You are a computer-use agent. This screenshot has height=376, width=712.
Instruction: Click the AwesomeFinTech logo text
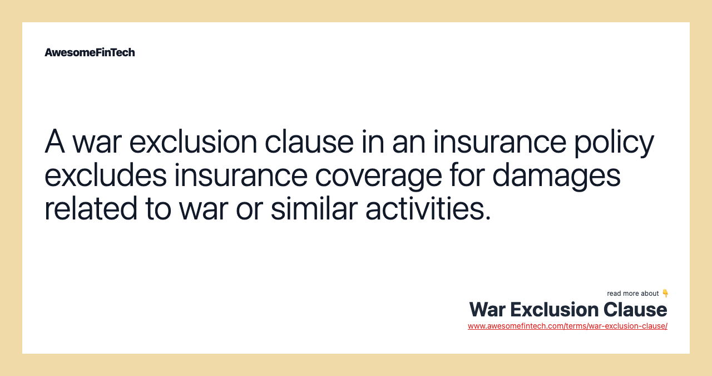(90, 52)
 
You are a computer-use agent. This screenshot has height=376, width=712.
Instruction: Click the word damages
(556, 176)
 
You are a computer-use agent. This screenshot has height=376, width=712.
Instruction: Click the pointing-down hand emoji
(665, 293)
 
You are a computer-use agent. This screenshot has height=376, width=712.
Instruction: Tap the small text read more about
(632, 294)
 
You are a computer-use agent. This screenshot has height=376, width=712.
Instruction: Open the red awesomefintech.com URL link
(567, 326)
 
